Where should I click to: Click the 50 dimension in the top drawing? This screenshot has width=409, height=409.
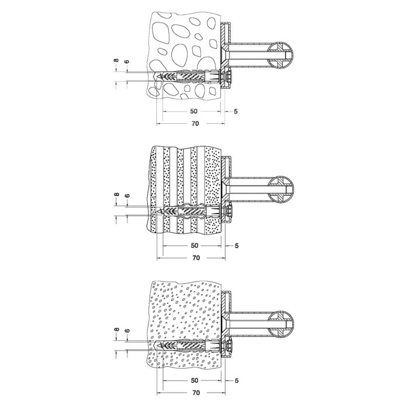(194, 111)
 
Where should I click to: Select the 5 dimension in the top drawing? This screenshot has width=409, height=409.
(235, 111)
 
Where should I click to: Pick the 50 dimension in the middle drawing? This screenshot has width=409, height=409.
(194, 245)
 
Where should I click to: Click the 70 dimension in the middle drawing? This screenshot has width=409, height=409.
(196, 257)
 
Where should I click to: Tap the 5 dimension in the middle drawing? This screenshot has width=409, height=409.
(235, 245)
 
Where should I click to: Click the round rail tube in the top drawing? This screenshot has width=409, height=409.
(282, 57)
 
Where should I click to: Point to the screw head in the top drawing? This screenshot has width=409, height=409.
(226, 77)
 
